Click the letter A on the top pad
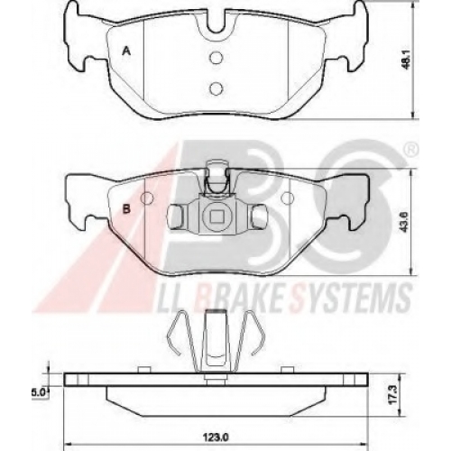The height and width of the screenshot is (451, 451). (127, 51)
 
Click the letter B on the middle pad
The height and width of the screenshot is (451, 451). (126, 209)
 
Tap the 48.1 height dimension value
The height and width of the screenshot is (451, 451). (407, 62)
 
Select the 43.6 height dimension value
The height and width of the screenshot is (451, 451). (405, 223)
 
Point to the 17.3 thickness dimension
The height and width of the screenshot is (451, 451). (394, 395)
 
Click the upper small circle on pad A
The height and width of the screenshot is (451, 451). (216, 58)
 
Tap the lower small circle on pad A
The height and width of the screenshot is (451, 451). (216, 87)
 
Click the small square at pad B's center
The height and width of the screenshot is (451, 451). (216, 216)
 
